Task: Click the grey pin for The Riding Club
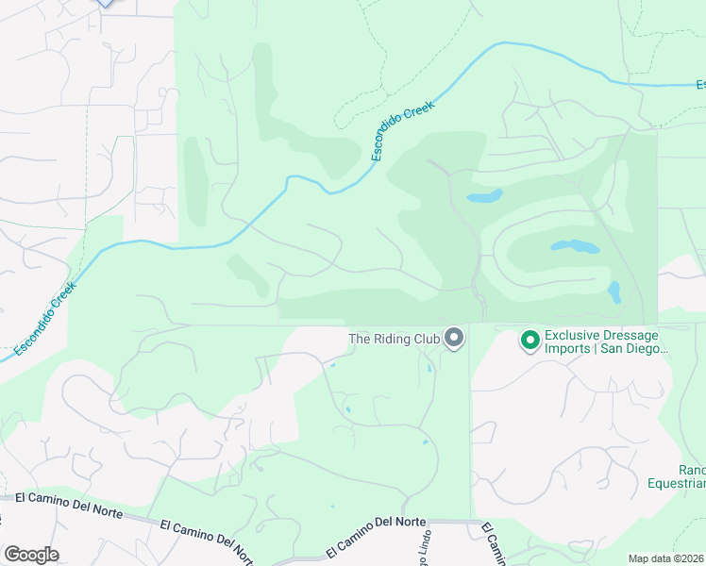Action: tap(455, 338)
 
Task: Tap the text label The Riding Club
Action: tap(395, 339)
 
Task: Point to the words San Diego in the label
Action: tap(633, 349)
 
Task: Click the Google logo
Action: tap(30, 555)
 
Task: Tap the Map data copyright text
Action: tap(666, 558)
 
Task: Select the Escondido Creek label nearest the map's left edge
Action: tap(46, 321)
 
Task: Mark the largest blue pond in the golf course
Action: tap(575, 247)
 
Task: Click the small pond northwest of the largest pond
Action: tap(483, 196)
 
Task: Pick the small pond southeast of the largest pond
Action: tap(614, 291)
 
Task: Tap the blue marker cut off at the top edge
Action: tap(106, 3)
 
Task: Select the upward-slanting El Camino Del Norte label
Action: tap(376, 535)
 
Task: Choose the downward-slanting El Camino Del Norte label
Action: tap(205, 537)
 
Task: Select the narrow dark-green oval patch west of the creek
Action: tap(194, 184)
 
